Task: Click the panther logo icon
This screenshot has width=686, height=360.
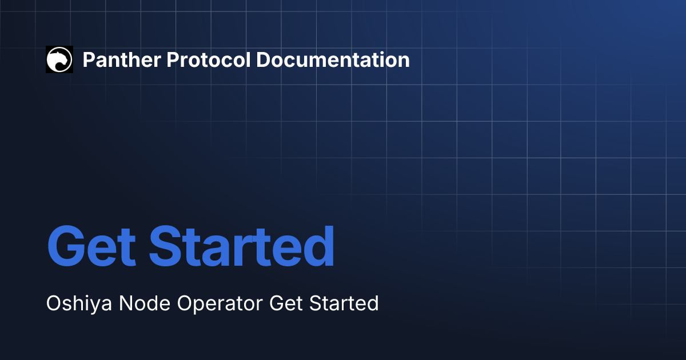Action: (59, 59)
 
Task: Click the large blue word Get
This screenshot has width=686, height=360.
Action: (91, 246)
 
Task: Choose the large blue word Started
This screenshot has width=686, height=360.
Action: (242, 246)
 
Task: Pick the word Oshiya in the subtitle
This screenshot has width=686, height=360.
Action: (78, 303)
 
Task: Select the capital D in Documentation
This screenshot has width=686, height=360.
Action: (262, 59)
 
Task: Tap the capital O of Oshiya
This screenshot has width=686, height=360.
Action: (54, 303)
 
